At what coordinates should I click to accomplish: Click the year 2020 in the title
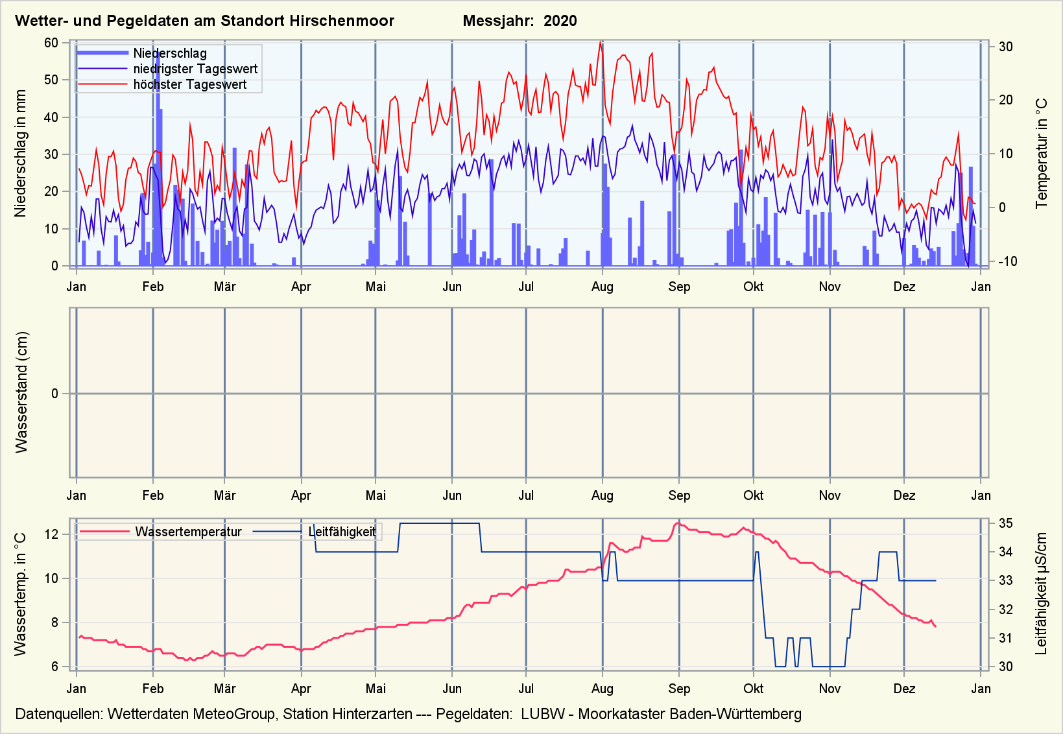(x=560, y=21)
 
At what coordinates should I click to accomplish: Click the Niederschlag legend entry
(x=170, y=53)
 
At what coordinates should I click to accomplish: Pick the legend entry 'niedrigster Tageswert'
(x=195, y=69)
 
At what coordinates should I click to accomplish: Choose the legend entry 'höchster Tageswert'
(x=189, y=84)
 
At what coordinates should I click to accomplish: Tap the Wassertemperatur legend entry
(x=188, y=532)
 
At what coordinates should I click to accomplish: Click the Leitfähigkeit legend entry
(x=342, y=532)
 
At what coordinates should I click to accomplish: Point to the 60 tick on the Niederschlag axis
(x=51, y=43)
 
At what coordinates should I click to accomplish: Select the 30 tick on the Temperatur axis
(x=1006, y=47)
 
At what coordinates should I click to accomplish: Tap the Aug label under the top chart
(x=602, y=287)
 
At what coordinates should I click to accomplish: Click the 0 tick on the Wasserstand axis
(x=55, y=394)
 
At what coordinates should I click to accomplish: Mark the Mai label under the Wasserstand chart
(x=376, y=495)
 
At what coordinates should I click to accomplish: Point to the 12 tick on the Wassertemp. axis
(x=52, y=534)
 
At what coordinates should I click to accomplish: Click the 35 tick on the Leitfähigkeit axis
(x=1005, y=523)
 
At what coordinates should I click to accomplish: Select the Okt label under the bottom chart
(x=753, y=689)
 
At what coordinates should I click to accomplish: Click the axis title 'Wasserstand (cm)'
(x=22, y=392)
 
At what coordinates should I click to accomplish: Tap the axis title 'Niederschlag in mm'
(x=21, y=154)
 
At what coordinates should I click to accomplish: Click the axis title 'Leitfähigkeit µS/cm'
(x=1042, y=593)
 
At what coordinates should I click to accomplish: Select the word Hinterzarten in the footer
(x=372, y=714)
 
